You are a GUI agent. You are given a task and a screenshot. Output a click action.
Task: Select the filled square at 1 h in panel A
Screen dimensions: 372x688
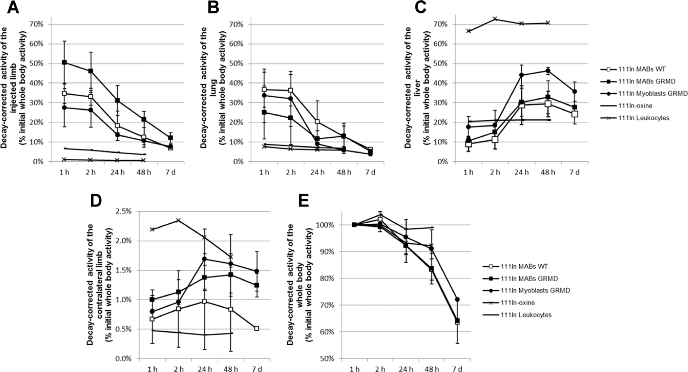point(64,62)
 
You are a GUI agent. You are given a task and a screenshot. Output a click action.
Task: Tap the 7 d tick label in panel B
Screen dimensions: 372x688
point(370,172)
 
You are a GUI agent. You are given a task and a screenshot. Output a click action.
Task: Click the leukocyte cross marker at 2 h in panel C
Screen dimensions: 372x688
point(495,19)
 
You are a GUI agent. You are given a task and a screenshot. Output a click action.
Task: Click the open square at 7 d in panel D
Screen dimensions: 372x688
point(257,328)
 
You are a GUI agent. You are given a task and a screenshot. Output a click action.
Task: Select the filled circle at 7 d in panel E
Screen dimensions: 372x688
point(457,299)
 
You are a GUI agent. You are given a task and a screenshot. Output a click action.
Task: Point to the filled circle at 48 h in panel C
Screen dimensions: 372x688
point(548,71)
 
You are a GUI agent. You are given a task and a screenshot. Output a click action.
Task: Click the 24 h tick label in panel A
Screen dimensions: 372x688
point(117,172)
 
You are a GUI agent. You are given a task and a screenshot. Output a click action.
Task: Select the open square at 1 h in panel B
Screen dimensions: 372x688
point(264,89)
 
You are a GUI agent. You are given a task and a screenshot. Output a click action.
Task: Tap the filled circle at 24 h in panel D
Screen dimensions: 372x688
point(204,259)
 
